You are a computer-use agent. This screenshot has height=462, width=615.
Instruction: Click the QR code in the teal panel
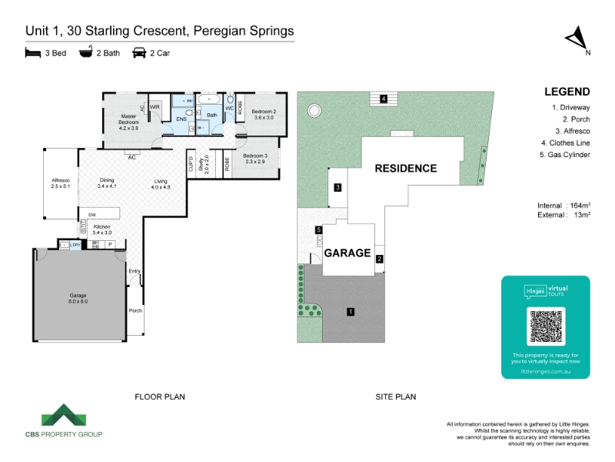click(x=545, y=326)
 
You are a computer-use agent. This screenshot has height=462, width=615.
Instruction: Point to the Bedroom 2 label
click(x=264, y=115)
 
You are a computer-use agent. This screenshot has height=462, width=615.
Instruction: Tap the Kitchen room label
click(x=102, y=229)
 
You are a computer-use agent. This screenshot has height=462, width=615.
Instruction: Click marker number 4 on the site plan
click(x=382, y=98)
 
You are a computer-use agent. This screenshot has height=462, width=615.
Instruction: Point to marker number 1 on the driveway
click(x=351, y=312)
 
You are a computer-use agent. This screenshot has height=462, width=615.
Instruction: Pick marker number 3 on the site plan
click(x=337, y=187)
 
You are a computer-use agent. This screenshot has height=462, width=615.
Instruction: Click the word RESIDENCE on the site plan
click(x=405, y=168)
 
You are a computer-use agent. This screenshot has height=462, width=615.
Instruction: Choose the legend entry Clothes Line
click(x=566, y=143)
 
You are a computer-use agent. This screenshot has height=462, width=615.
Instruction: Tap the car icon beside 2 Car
click(x=139, y=53)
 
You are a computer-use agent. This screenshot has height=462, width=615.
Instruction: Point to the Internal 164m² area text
click(x=563, y=206)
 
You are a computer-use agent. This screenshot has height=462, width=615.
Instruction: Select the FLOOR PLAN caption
click(x=160, y=397)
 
